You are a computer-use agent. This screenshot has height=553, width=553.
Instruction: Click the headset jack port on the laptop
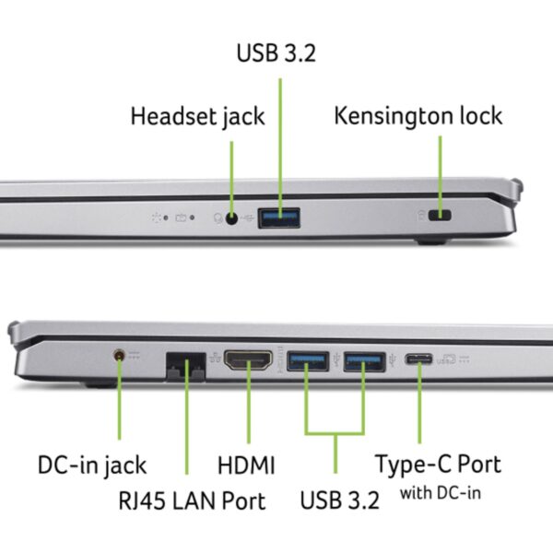click(231, 218)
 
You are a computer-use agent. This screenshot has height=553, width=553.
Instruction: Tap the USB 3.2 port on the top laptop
click(279, 218)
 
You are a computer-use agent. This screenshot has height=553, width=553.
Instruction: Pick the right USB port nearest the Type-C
click(364, 361)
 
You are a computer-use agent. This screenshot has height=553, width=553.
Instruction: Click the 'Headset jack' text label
click(196, 117)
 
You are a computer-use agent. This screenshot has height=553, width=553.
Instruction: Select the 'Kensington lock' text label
click(418, 116)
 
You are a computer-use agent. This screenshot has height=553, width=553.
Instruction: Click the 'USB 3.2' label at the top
click(277, 52)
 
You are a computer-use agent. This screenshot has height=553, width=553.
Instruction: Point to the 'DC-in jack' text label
click(91, 465)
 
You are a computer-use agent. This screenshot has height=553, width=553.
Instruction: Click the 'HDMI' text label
click(246, 465)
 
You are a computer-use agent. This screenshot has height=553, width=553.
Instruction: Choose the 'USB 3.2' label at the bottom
click(339, 501)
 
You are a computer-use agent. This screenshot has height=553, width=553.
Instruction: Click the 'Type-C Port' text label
click(439, 463)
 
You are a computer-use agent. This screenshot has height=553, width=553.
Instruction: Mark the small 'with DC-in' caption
click(440, 493)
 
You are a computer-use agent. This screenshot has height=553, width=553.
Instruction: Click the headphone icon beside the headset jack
click(218, 218)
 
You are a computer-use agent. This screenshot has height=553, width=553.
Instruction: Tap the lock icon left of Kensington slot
click(423, 218)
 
